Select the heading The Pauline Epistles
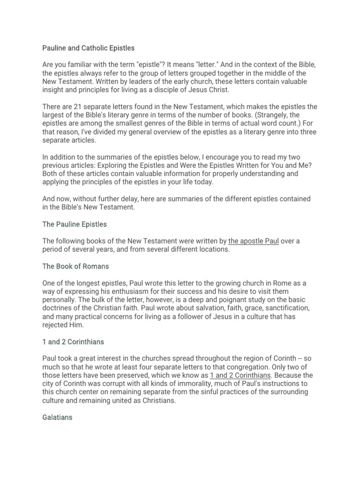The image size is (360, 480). pos(75,224)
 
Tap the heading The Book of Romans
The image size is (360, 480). pos(75,266)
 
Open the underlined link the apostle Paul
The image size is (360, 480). pos(253,241)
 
